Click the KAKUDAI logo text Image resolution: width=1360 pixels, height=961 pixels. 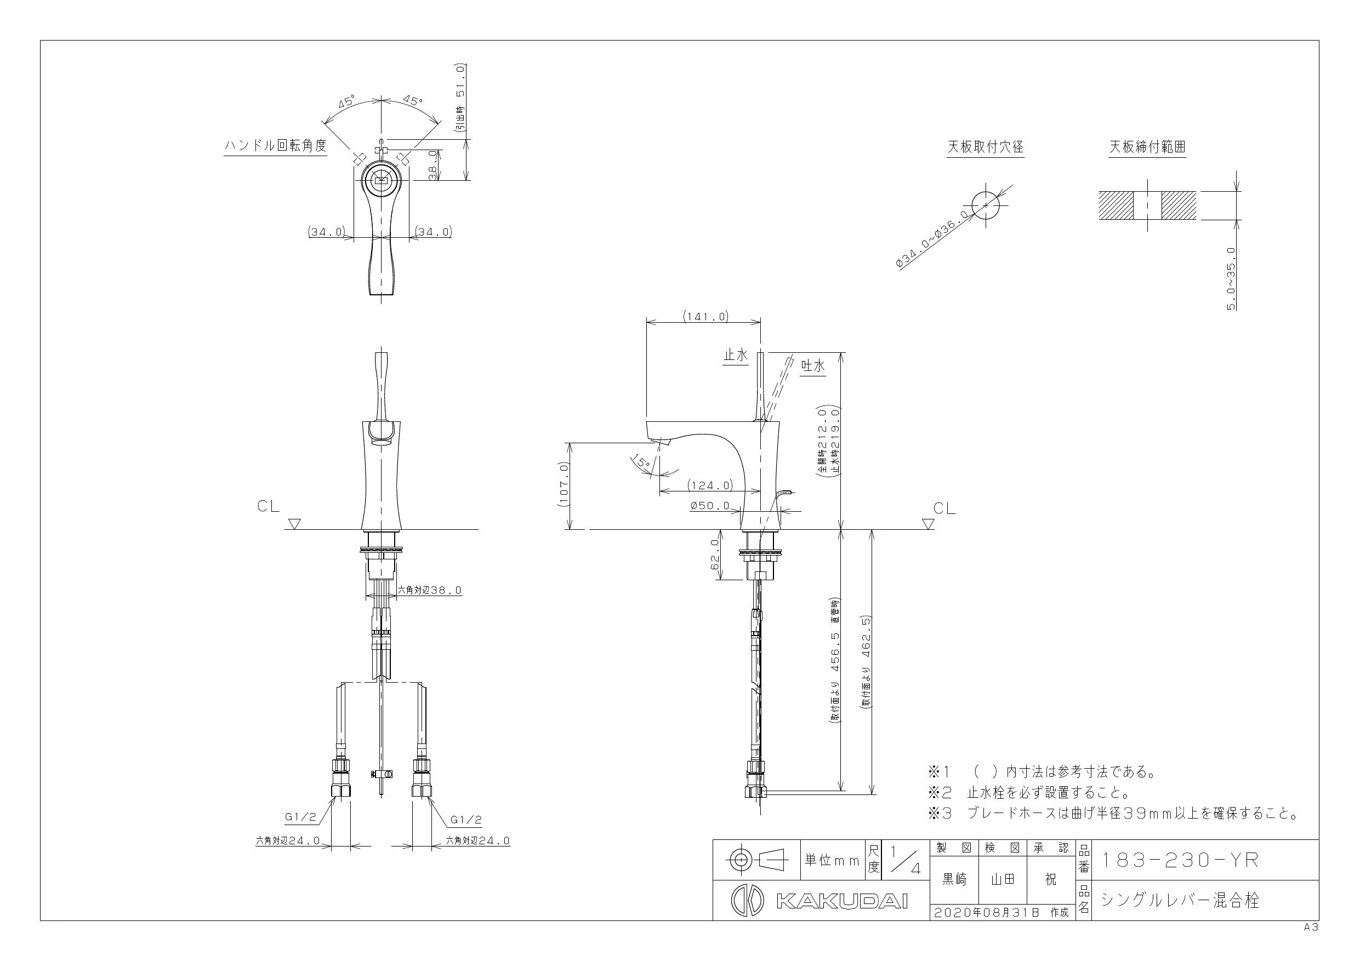pyautogui.click(x=841, y=901)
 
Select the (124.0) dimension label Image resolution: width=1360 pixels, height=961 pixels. pyautogui.click(x=710, y=485)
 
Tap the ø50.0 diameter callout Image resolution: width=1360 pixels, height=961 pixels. pyautogui.click(x=710, y=506)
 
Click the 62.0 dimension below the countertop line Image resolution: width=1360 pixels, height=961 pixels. pyautogui.click(x=714, y=554)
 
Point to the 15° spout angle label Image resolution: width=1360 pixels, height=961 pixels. pyautogui.click(x=640, y=461)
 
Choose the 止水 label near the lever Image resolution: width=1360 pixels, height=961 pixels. pyautogui.click(x=736, y=355)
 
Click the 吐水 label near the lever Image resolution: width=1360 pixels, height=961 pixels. pyautogui.click(x=813, y=367)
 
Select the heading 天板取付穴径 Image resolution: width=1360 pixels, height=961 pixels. pyautogui.click(x=986, y=147)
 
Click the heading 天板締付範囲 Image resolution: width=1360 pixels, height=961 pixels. pyautogui.click(x=1147, y=147)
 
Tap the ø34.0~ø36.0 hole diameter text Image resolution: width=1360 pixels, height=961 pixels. pyautogui.click(x=933, y=239)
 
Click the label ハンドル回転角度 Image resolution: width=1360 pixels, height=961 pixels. pyautogui.click(x=275, y=146)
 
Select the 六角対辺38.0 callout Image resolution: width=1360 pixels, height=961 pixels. pyautogui.click(x=429, y=590)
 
